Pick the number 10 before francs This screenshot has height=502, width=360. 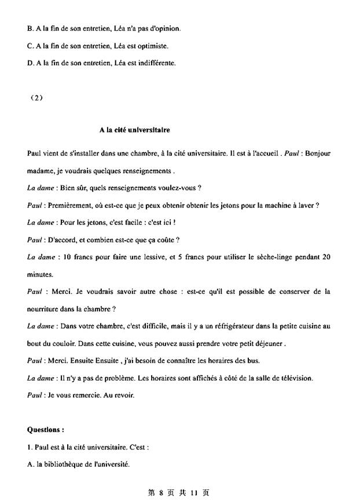[64, 257]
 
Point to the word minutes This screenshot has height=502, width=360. [40, 274]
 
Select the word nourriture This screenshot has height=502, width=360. [45, 309]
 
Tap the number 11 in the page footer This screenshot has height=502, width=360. [194, 492]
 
